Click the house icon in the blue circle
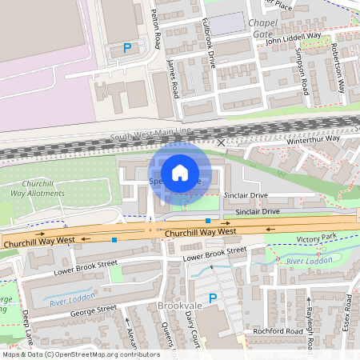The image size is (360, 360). click(x=180, y=172)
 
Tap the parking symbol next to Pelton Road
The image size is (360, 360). click(x=126, y=49)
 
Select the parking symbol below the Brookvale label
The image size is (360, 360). click(x=213, y=298)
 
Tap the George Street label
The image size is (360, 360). click(x=94, y=307)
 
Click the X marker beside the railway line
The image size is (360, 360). click(x=222, y=142)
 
